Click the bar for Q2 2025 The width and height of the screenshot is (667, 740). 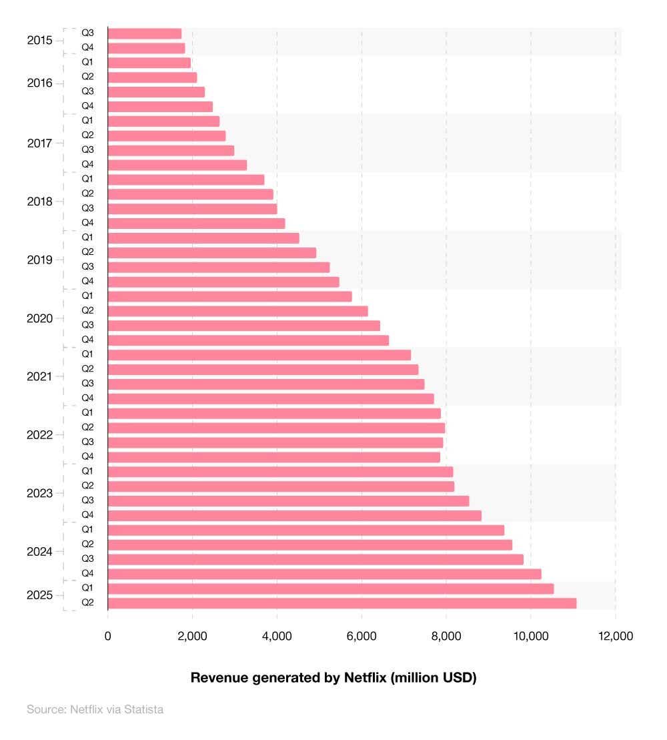(x=342, y=603)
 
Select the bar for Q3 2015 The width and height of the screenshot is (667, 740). (x=145, y=33)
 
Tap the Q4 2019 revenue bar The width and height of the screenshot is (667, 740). (x=223, y=282)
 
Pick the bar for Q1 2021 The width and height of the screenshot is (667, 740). (x=259, y=355)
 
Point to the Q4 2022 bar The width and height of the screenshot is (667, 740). (x=273, y=457)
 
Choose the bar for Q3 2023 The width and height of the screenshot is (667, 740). (x=288, y=501)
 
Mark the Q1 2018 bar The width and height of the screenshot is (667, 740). (x=186, y=179)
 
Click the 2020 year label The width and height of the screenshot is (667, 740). (x=39, y=318)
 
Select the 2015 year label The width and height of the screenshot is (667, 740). (x=39, y=41)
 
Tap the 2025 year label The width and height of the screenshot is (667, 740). (x=39, y=595)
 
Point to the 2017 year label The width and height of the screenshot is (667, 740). (x=39, y=143)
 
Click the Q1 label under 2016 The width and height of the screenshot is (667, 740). (x=87, y=62)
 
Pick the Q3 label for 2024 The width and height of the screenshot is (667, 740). (x=87, y=559)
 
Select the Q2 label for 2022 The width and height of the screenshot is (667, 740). (x=87, y=427)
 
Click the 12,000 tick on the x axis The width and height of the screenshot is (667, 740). (x=615, y=636)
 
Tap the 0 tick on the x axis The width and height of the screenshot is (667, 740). (x=108, y=636)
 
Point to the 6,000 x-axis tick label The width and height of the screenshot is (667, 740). (x=362, y=636)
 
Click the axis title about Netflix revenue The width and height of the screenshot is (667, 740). (x=333, y=678)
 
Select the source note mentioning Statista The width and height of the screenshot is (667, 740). (x=95, y=709)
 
